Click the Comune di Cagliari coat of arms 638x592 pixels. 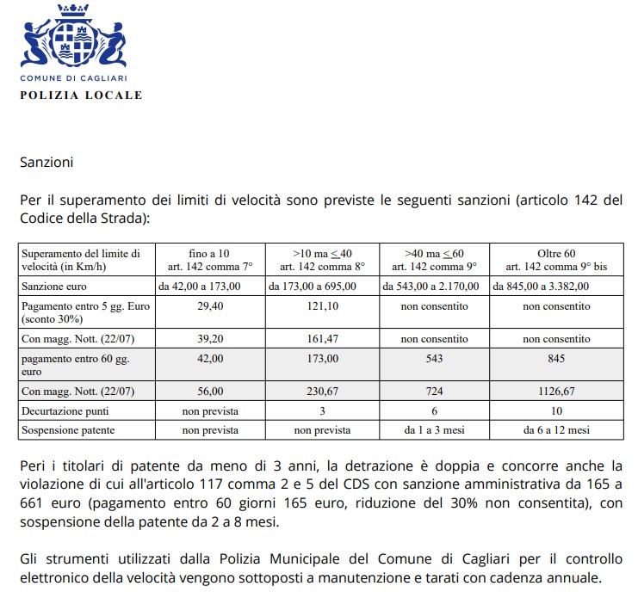73,39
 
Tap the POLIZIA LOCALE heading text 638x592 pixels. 82,95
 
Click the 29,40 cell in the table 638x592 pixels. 211,305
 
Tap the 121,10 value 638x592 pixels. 323,305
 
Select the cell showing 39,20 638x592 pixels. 211,338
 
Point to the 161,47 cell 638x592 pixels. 323,338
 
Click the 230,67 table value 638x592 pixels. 323,392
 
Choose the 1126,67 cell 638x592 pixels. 556,392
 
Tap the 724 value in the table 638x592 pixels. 435,392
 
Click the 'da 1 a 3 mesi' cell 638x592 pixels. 435,429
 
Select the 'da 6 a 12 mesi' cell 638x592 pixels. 556,429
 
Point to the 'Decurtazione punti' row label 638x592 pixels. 65,411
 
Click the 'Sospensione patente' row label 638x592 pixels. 69,429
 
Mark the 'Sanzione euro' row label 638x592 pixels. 54,286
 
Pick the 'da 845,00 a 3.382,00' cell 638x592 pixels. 542,286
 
